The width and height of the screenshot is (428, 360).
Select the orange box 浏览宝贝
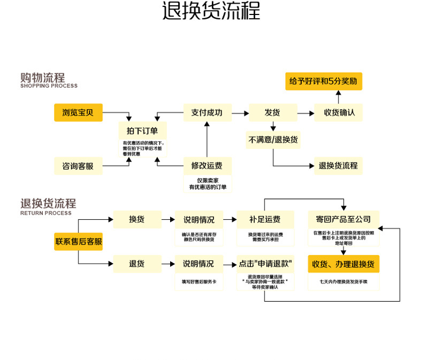coord(78,112)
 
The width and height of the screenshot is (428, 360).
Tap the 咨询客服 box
coord(78,166)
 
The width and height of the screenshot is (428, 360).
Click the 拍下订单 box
coord(142,131)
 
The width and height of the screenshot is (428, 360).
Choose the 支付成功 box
coord(207,112)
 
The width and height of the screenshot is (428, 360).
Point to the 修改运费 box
coord(207,166)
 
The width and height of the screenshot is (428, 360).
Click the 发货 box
coord(272,112)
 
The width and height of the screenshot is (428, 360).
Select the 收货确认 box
coord(339,112)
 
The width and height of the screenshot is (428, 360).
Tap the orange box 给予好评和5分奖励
coord(323,81)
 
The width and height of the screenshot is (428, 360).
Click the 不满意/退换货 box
coord(273,140)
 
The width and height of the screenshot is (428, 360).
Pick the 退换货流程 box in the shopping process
coord(338,166)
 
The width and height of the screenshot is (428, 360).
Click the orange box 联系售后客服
coord(79,242)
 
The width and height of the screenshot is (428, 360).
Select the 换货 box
coord(137,219)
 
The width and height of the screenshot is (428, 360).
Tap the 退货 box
coord(137,264)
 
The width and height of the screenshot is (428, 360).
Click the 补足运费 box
coord(265,219)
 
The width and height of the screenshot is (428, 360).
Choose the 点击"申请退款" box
coord(265,264)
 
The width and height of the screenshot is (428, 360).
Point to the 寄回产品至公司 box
coord(343,219)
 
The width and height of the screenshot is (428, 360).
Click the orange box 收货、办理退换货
coord(343,264)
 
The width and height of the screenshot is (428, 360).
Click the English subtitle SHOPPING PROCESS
coord(49,86)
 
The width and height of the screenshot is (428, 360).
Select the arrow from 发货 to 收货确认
coord(305,113)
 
